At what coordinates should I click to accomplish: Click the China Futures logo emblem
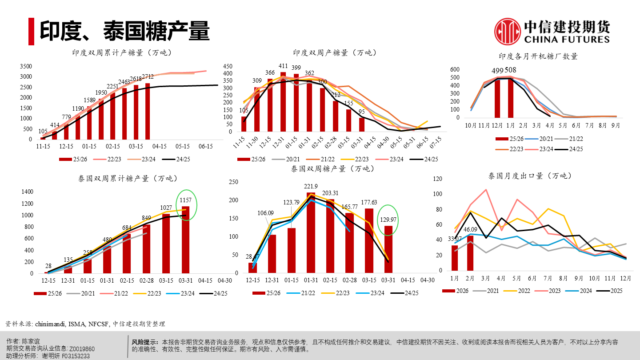pyautogui.click(x=508, y=32)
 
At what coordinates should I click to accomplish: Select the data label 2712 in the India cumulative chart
pyautogui.click(x=148, y=77)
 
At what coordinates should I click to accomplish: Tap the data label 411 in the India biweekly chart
pyautogui.click(x=283, y=66)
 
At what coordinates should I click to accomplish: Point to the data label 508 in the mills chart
pyautogui.click(x=511, y=71)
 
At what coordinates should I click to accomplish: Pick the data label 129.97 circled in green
pyautogui.click(x=388, y=220)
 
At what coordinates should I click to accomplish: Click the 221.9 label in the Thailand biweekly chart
pyautogui.click(x=311, y=186)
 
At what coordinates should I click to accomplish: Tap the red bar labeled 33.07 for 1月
pyautogui.click(x=455, y=258)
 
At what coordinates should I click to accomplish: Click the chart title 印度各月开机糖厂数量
pyautogui.click(x=538, y=56)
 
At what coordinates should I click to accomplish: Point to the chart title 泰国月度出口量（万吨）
pyautogui.click(x=529, y=176)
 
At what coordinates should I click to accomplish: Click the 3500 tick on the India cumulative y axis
pyautogui.click(x=26, y=66)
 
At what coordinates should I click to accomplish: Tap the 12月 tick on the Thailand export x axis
pyautogui.click(x=625, y=278)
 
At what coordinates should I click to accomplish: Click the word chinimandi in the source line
pyautogui.click(x=50, y=324)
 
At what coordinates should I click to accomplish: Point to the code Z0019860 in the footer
pyautogui.click(x=82, y=349)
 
